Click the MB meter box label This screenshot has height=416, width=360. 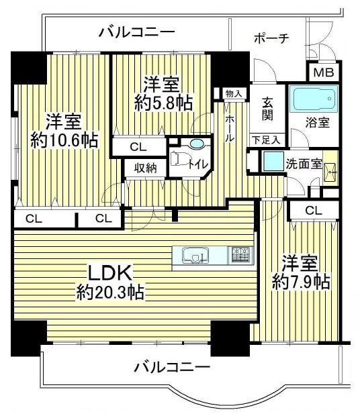(x=324, y=72)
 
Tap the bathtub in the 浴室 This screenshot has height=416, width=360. (x=313, y=98)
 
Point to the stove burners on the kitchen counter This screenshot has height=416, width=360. (x=240, y=254)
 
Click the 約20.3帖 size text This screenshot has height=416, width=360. (x=110, y=293)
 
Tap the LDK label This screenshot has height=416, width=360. (x=110, y=273)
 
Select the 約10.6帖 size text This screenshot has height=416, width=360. (x=64, y=140)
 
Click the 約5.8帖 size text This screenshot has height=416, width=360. (x=163, y=103)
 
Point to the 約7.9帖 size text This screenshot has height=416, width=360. (x=301, y=282)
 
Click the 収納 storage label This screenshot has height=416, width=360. (x=145, y=168)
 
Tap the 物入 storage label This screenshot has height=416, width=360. (x=234, y=93)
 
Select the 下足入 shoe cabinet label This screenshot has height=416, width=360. (x=266, y=140)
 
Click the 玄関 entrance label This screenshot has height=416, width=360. (x=267, y=109)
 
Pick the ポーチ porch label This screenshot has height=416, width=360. (x=271, y=39)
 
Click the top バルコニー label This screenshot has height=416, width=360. (x=137, y=32)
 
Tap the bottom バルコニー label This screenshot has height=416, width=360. (x=172, y=368)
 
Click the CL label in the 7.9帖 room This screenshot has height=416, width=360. (x=314, y=211)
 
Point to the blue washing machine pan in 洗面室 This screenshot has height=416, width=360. (x=273, y=161)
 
